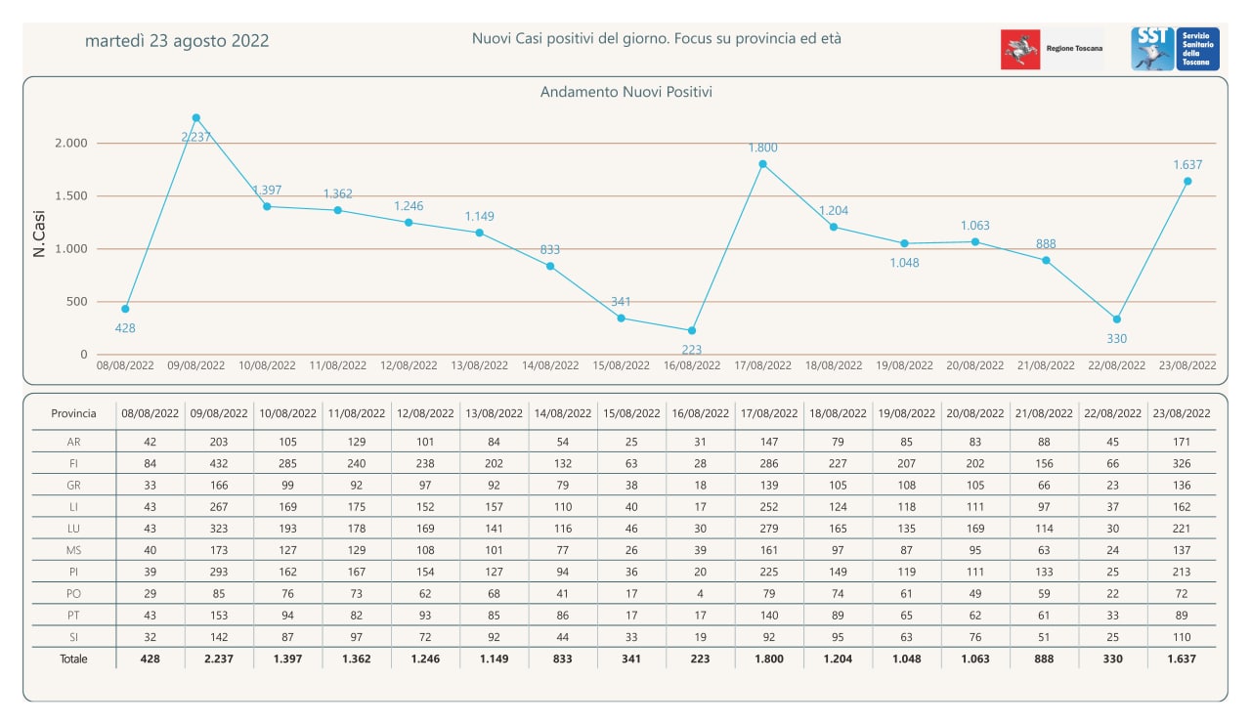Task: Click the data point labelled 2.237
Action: [x=196, y=117]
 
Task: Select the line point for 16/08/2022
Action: [x=692, y=330]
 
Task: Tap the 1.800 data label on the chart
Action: [x=763, y=148]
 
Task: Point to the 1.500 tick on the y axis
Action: [x=70, y=195]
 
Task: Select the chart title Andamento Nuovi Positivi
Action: [x=626, y=92]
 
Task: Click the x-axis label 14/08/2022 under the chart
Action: [x=550, y=365]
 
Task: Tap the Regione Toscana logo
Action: [x=1052, y=49]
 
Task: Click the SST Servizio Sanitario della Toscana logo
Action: [x=1176, y=49]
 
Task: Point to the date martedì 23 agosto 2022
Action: [x=177, y=41]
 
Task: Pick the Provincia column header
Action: [x=73, y=413]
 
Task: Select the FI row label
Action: [x=73, y=463]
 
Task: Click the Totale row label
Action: [x=73, y=659]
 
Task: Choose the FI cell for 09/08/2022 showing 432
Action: [x=220, y=463]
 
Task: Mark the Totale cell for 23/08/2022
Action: [x=1183, y=659]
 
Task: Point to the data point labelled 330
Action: [x=1116, y=319]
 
